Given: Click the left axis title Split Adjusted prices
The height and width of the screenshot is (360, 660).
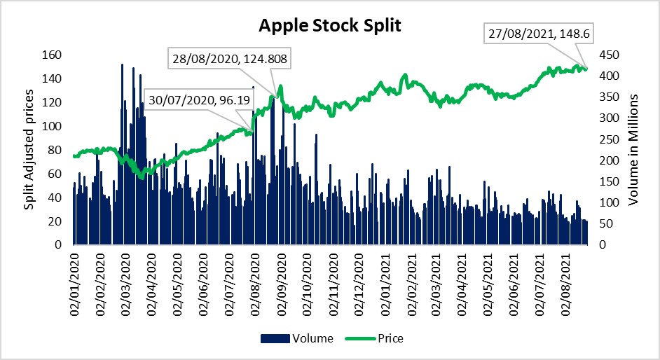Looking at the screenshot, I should point(29,150).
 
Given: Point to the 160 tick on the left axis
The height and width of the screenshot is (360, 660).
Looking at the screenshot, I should point(52,55).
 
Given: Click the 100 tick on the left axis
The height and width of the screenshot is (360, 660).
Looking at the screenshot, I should point(52,126).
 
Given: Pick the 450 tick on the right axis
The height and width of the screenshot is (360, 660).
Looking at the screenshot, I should point(606,55).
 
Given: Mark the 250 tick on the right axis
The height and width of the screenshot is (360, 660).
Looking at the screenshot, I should point(606,139).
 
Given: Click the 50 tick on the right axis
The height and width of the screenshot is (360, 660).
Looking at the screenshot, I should point(603,224).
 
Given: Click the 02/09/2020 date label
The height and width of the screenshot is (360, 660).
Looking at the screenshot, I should point(282,286).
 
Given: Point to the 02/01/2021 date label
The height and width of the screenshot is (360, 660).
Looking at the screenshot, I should point(385,286).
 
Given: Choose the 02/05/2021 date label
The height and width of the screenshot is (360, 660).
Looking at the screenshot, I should point(488,286).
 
